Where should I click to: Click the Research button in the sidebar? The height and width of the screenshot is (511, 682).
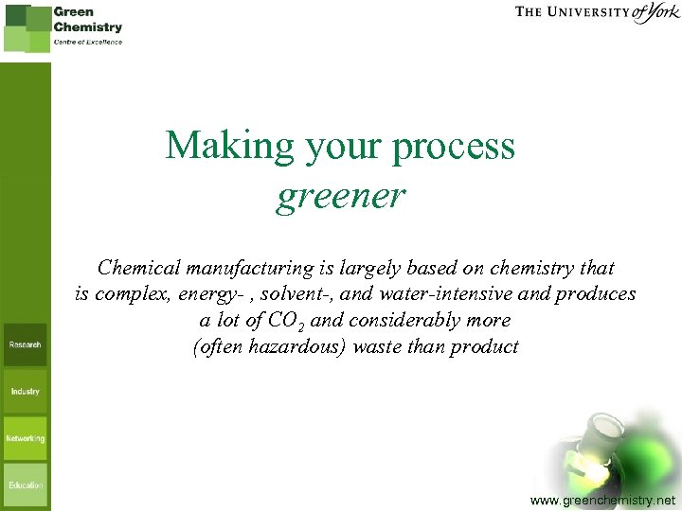tap(26, 345)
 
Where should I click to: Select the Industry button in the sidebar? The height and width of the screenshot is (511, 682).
tap(26, 391)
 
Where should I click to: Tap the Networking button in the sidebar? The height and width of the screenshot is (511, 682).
tap(26, 438)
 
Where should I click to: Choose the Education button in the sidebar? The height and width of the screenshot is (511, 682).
tap(26, 485)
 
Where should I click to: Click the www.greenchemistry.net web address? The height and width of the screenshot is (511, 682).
tap(603, 499)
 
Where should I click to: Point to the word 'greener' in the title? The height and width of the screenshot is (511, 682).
tap(340, 196)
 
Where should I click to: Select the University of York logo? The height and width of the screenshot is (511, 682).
tap(598, 13)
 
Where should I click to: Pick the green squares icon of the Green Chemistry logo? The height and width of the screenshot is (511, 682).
tap(27, 27)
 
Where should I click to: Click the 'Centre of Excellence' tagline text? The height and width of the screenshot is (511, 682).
tap(88, 43)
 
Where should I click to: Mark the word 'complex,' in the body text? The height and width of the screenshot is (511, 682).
tap(130, 293)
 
